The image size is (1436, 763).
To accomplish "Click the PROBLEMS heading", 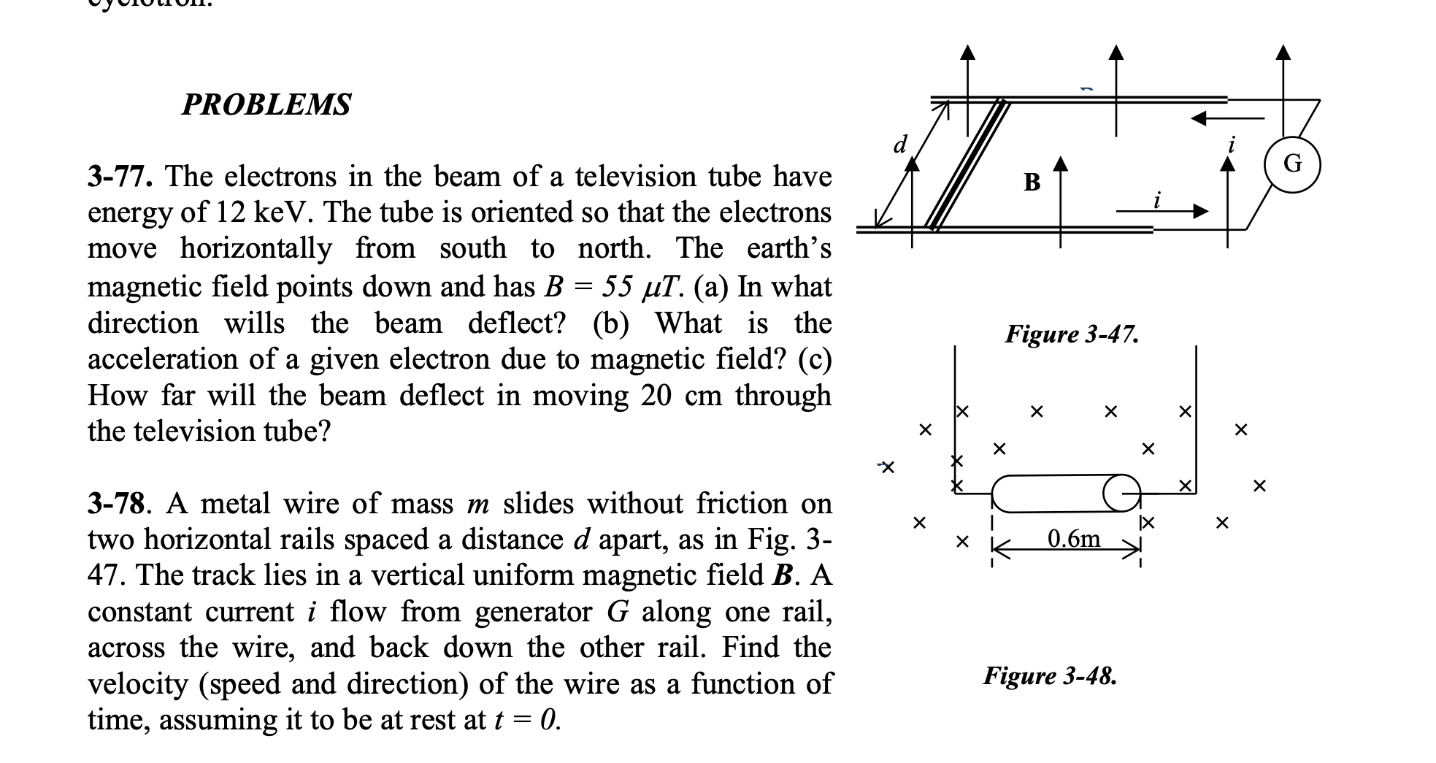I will point(266,104).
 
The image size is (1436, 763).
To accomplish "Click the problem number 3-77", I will point(122,177).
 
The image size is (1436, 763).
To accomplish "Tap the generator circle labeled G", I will point(1291,164).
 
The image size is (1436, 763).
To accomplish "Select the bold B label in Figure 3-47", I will point(1032,183).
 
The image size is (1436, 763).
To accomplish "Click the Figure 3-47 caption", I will point(1072,334).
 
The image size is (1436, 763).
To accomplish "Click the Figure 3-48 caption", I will point(1049,676).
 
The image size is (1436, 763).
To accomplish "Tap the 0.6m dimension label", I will point(1074,539).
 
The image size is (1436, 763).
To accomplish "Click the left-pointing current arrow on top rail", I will point(1226,118).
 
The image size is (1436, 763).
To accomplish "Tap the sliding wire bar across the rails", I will point(967,165).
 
